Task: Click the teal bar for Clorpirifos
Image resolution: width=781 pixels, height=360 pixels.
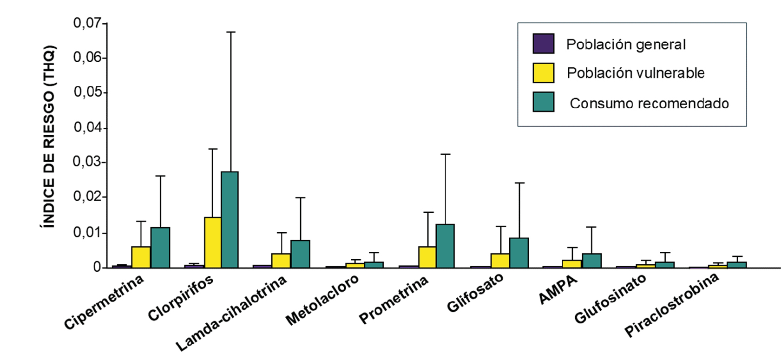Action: pyautogui.click(x=230, y=219)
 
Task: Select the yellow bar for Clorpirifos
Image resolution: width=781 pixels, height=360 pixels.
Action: pyautogui.click(x=213, y=242)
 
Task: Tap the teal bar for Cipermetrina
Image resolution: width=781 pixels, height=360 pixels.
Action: pyautogui.click(x=160, y=247)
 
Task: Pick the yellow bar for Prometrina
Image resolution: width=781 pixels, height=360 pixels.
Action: pyautogui.click(x=427, y=257)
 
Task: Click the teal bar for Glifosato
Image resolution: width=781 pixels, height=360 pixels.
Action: pyautogui.click(x=519, y=253)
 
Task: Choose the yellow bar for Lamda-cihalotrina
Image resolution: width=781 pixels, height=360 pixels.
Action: pyautogui.click(x=281, y=260)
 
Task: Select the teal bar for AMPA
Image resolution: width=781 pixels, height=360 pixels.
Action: pyautogui.click(x=591, y=260)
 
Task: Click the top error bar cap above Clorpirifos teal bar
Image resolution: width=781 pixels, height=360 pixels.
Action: pyautogui.click(x=230, y=32)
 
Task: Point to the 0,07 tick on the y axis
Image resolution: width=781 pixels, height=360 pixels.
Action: pyautogui.click(x=105, y=23)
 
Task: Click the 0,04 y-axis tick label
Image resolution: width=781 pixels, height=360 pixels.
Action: pyautogui.click(x=87, y=127)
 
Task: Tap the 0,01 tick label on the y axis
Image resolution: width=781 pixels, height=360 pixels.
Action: pyautogui.click(x=87, y=232)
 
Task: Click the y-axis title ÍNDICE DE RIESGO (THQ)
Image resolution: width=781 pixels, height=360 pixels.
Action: pyautogui.click(x=49, y=136)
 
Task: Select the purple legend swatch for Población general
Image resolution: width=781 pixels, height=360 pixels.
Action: pyautogui.click(x=543, y=44)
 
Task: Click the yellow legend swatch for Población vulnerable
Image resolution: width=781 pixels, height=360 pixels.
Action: pyautogui.click(x=543, y=73)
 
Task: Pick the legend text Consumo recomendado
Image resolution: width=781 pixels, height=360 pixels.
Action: pyautogui.click(x=649, y=103)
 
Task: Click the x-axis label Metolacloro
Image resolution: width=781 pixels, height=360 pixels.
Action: pyautogui.click(x=322, y=300)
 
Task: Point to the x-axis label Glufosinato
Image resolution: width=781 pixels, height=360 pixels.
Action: pyautogui.click(x=610, y=299)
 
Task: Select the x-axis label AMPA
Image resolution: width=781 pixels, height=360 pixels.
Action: pyautogui.click(x=558, y=289)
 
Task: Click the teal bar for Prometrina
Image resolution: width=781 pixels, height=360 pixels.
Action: pyautogui.click(x=445, y=246)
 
